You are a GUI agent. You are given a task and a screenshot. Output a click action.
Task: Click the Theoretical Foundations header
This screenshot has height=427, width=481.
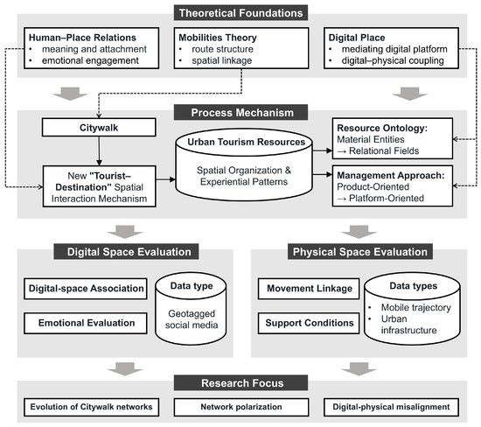tap(240, 13)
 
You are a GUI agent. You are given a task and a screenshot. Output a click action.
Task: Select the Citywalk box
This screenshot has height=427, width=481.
tap(99, 128)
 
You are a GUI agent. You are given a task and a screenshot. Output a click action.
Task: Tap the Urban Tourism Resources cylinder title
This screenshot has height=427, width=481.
tap(246, 142)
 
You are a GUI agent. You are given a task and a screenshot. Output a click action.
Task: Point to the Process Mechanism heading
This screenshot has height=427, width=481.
tap(240, 112)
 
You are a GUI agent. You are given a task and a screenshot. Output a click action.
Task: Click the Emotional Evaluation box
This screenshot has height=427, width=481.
tap(86, 323)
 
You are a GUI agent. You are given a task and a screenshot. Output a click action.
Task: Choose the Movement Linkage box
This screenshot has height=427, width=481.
tap(309, 289)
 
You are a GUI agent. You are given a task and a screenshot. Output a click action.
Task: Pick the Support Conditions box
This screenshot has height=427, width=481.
tap(309, 323)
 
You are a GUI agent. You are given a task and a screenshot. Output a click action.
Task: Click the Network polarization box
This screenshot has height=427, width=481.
tap(241, 407)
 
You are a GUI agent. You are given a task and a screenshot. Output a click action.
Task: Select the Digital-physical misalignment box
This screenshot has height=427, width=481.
tap(391, 407)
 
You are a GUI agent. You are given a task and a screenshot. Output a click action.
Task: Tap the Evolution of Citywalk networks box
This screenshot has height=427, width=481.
tap(92, 407)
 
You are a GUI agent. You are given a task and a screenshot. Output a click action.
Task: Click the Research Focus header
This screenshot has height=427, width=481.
tap(240, 382)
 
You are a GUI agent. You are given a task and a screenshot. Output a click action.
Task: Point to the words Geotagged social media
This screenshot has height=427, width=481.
tap(192, 319)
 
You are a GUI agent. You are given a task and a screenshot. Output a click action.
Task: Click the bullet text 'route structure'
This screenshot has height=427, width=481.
tap(222, 49)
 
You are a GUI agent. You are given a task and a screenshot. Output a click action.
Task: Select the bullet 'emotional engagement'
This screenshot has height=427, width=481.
tap(90, 60)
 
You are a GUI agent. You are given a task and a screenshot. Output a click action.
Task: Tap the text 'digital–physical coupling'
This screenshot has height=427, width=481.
tap(393, 60)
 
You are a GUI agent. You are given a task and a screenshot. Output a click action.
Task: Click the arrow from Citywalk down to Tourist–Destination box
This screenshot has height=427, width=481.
tap(99, 151)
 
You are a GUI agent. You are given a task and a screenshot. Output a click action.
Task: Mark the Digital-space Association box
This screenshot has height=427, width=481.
tap(86, 289)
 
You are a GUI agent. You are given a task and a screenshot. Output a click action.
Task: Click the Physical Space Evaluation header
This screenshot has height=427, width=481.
tap(360, 252)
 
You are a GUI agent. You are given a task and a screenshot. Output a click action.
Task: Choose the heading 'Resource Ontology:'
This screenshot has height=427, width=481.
tap(382, 128)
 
